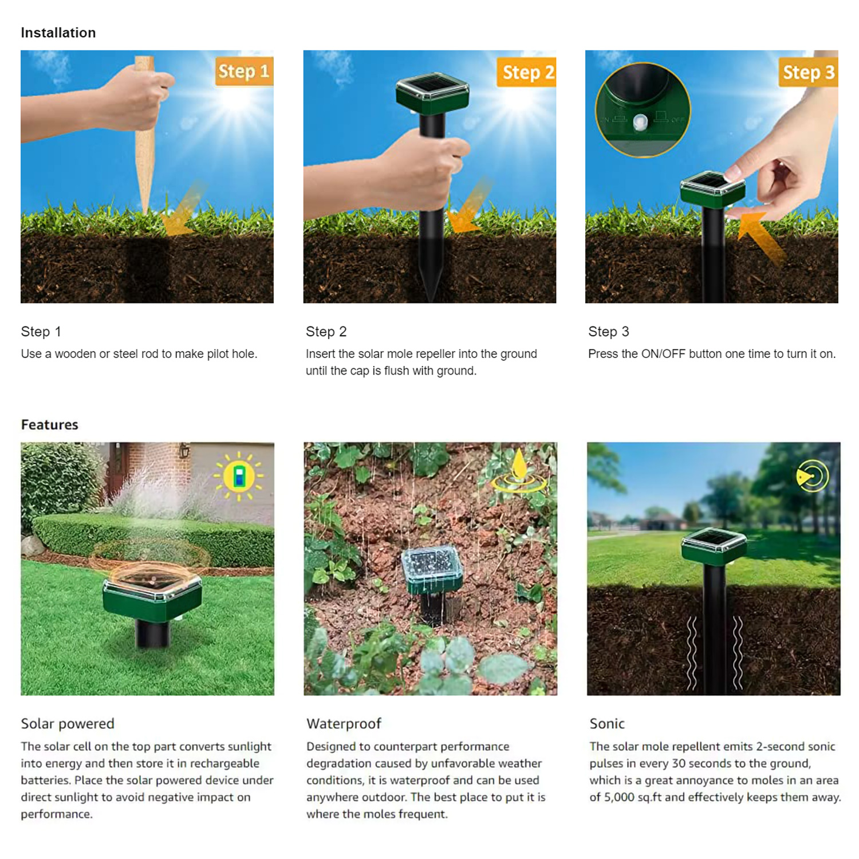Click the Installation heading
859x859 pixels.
coord(58,33)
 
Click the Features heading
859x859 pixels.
coord(50,424)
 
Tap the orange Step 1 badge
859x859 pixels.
coord(244,72)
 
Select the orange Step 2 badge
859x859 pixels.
coord(526,72)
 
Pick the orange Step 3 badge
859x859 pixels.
coord(808,72)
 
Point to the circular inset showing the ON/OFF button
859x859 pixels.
coord(643,110)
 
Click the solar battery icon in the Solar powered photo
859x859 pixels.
coord(239,475)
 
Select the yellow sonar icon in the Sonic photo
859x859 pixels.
coord(813,476)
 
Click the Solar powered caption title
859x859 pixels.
coord(68,724)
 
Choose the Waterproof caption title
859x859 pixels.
coord(344,724)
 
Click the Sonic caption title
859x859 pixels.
coord(607,724)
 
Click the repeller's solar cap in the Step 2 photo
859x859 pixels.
coord(432,93)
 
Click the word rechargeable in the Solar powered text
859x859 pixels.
coord(224,763)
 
